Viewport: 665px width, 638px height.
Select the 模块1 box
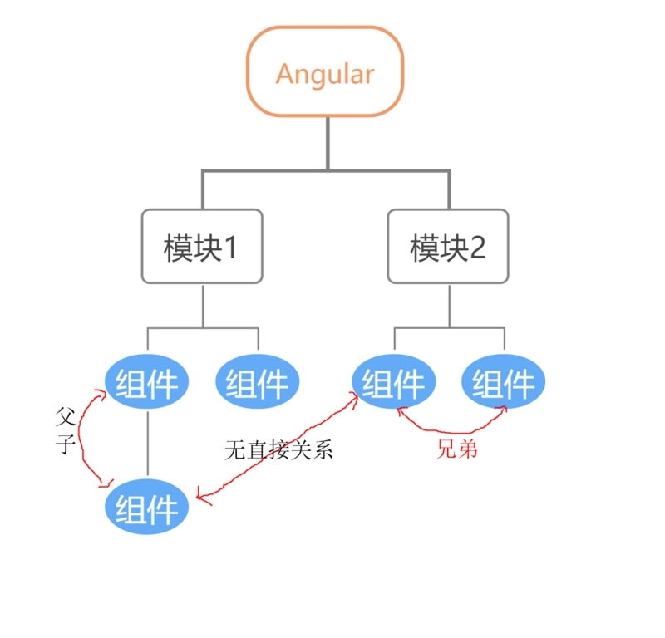tap(202, 246)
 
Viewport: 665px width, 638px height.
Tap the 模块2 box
tap(449, 246)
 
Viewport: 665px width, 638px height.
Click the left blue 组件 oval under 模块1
tap(147, 383)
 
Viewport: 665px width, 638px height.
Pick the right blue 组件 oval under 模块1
tap(258, 383)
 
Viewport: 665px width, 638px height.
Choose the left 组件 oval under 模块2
tap(394, 383)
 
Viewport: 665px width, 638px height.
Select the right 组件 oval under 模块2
tap(504, 383)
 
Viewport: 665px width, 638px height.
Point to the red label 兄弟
tap(457, 449)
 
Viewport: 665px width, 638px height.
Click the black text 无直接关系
tap(278, 449)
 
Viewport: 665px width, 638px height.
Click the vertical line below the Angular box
tap(327, 143)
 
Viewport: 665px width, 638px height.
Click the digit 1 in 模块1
tap(230, 247)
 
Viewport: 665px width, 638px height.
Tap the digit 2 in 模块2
tap(477, 247)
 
